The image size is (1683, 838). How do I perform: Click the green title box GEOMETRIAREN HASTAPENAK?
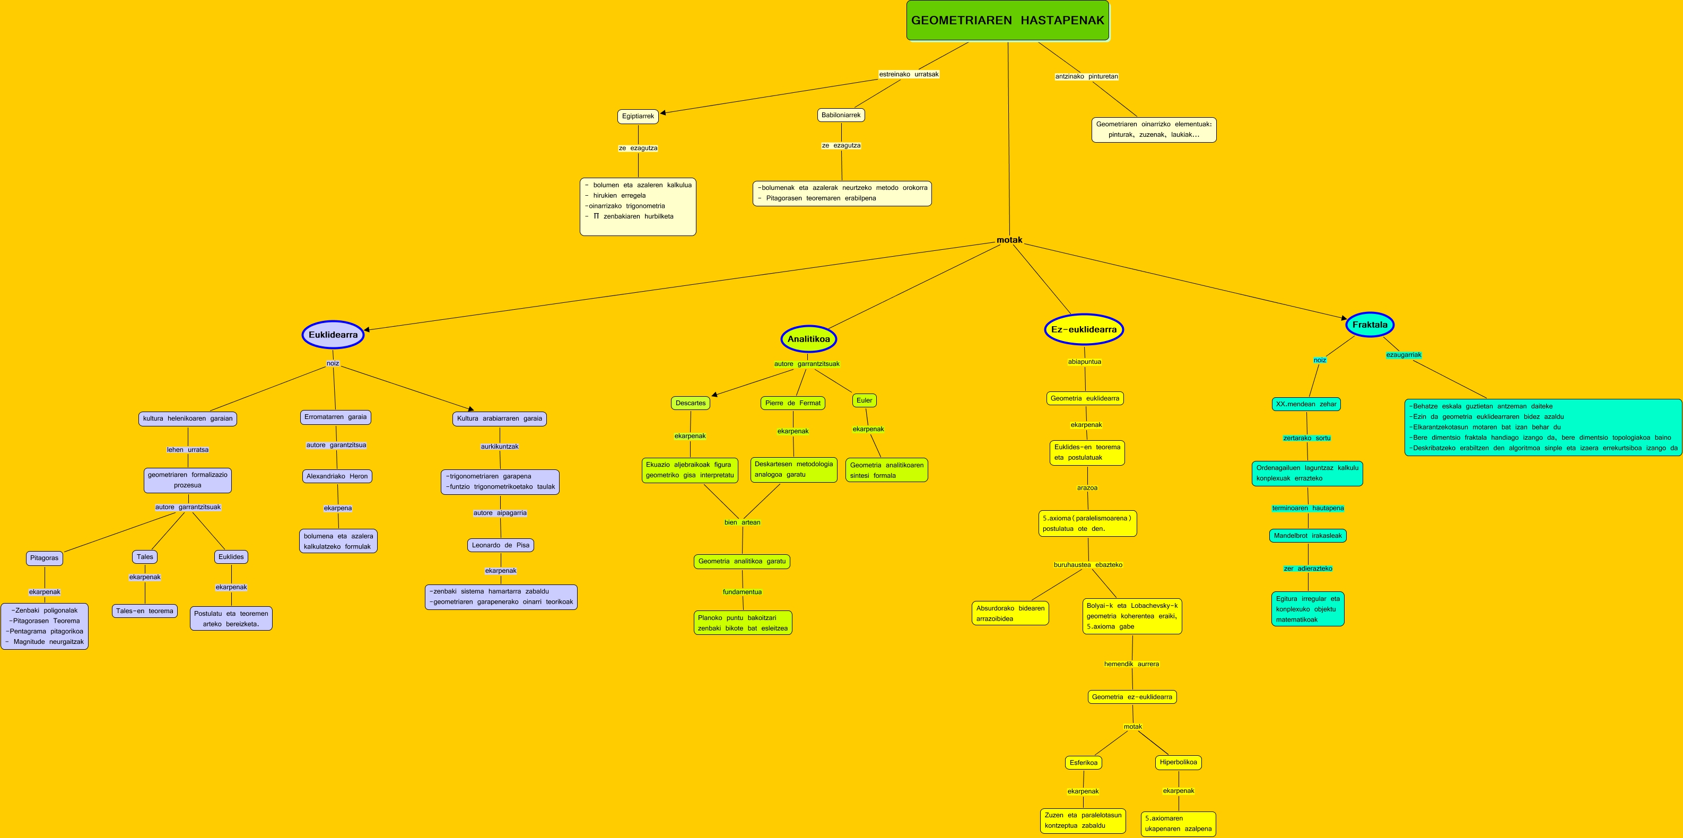click(x=1007, y=20)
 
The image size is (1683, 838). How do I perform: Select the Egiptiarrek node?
click(x=638, y=116)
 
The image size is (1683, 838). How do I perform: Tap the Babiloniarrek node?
click(x=841, y=115)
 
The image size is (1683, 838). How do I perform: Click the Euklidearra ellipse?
click(x=333, y=335)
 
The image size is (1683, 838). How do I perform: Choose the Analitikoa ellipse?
click(x=808, y=338)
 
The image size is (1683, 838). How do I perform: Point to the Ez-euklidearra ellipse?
click(x=1083, y=329)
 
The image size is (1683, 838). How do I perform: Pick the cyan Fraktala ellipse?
click(x=1370, y=325)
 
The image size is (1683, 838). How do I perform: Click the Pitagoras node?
click(x=45, y=558)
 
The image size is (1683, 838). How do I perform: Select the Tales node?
click(x=145, y=557)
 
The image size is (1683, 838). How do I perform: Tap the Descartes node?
click(x=690, y=403)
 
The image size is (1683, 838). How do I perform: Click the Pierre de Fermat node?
click(x=792, y=403)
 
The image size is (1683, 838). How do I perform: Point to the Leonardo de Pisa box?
click(x=501, y=545)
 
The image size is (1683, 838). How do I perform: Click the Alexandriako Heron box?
click(x=337, y=476)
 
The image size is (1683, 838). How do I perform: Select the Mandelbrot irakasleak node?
click(x=1307, y=536)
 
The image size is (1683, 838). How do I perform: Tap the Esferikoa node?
click(x=1083, y=762)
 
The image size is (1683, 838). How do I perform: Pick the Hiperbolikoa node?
click(x=1178, y=762)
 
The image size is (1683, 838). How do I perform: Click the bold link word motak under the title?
click(x=1009, y=240)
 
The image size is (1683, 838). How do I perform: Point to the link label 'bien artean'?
click(x=742, y=522)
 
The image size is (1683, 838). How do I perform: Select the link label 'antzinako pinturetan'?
click(x=1086, y=76)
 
